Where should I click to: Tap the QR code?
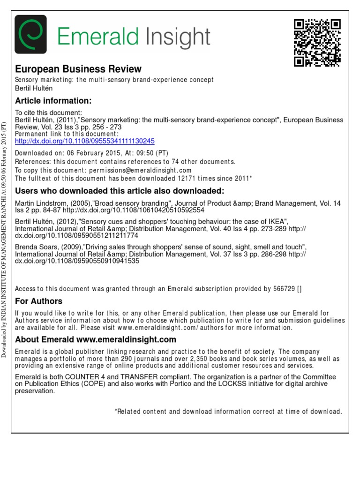pyautogui.click(x=317, y=43)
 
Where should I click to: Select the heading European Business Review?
pyautogui.click(x=78, y=69)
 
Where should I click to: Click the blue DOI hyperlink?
pyautogui.click(x=85, y=141)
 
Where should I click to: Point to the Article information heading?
pyautogui.click(x=53, y=101)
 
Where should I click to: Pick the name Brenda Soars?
pyautogui.click(x=36, y=247)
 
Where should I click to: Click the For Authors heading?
pyautogui.click(x=39, y=301)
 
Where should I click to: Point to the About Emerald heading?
pyautogui.click(x=96, y=339)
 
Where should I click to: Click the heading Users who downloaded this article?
pyautogui.click(x=120, y=191)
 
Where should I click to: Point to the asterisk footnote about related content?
pyautogui.click(x=228, y=412)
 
